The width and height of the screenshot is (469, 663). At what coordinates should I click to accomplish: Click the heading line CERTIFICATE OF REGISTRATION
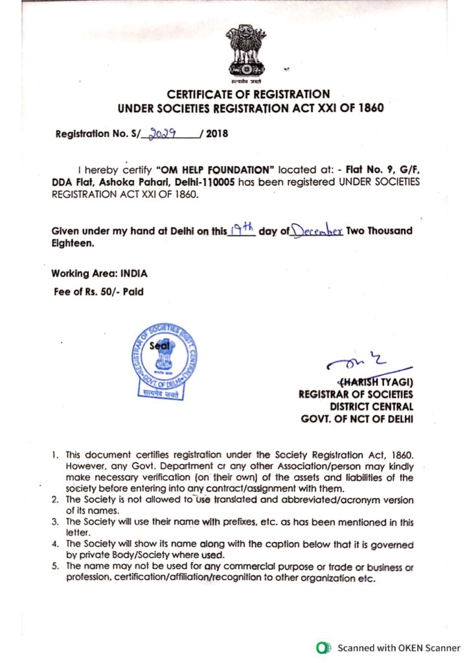[248, 95]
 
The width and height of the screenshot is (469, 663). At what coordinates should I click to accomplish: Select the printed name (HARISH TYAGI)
[376, 381]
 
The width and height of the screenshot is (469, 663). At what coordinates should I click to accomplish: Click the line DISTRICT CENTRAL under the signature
[371, 406]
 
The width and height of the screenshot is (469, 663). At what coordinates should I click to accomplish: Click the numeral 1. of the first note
[56, 456]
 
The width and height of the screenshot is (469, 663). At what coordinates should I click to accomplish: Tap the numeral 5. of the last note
[56, 566]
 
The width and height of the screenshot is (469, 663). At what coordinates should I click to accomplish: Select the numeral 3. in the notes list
[56, 521]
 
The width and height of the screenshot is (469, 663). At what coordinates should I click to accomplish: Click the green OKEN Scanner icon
[322, 647]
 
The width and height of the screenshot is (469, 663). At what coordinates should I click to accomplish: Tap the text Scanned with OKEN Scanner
[398, 647]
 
